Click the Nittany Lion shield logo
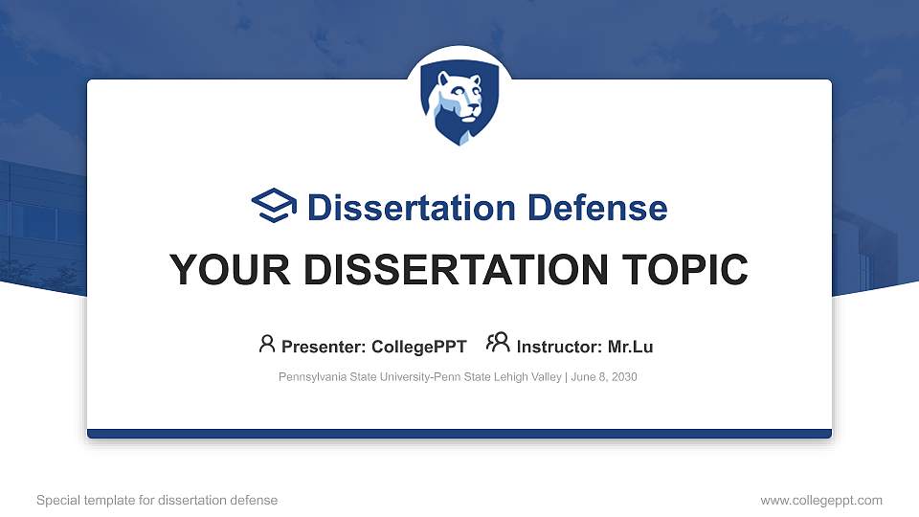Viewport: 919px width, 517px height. (459, 104)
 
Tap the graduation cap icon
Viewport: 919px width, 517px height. (274, 207)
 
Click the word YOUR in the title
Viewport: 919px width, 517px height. (222, 270)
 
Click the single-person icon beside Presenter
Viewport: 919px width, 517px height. (267, 344)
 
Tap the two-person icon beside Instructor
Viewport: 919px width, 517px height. (498, 344)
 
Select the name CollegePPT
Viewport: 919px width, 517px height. (418, 347)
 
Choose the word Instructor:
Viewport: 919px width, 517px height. (559, 347)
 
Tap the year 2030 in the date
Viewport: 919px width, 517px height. (623, 377)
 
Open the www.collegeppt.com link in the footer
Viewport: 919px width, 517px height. (821, 500)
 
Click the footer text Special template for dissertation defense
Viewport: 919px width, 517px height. (157, 500)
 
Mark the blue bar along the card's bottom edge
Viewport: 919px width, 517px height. (459, 434)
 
